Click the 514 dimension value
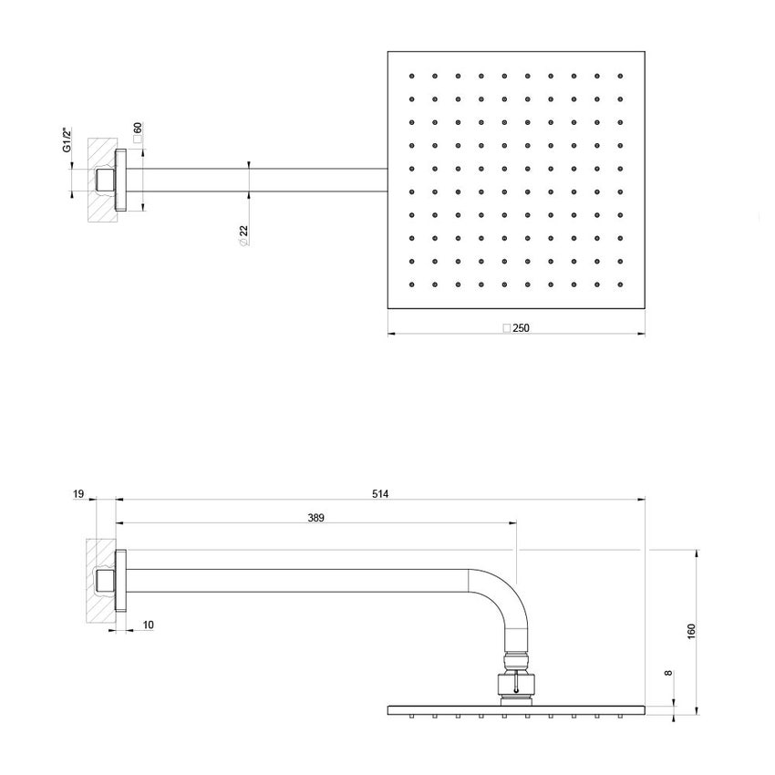click(x=381, y=494)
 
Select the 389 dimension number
click(x=315, y=518)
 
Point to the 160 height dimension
click(x=691, y=630)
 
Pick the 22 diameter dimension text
click(x=244, y=235)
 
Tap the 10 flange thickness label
click(x=148, y=625)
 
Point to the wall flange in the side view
click(x=120, y=583)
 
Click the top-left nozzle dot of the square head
click(x=412, y=75)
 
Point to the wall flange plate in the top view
click(x=119, y=179)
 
